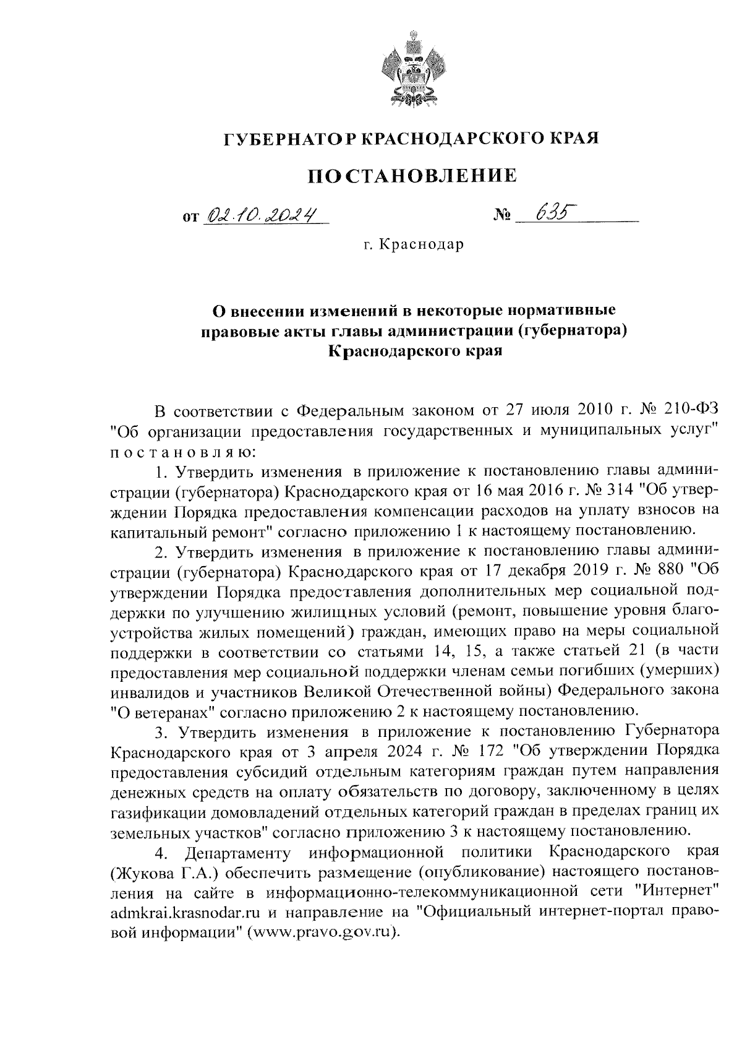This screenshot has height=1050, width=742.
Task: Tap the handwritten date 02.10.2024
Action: tap(259, 215)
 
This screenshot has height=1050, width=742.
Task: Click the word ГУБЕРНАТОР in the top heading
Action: tap(289, 139)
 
